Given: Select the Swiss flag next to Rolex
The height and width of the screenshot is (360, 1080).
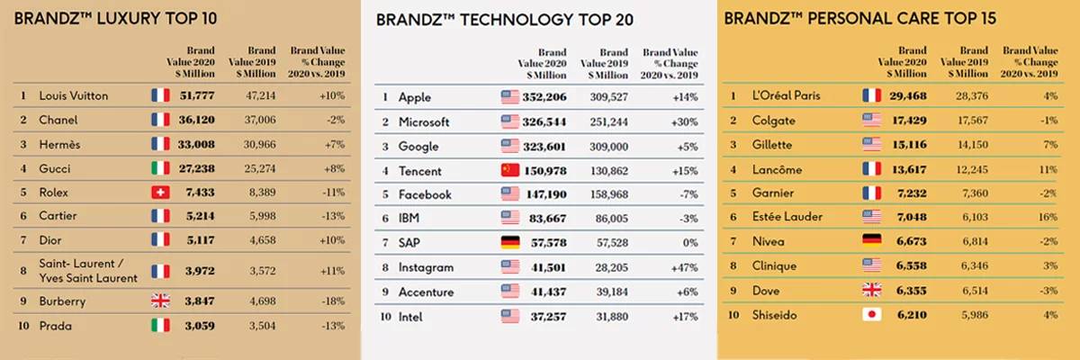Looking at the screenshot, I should pos(160,192).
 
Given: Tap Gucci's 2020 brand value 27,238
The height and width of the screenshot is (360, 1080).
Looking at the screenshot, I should pos(195,167).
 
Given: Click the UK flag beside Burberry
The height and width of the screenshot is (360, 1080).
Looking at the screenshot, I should pos(160,301).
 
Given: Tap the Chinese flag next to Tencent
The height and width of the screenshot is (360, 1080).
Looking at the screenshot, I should pos(510,170).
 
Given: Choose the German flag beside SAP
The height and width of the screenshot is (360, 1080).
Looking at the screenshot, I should pos(510,243).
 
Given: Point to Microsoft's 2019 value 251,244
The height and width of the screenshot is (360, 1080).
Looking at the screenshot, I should pos(607,121).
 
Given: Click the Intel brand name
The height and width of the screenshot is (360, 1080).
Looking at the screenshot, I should pos(412,316).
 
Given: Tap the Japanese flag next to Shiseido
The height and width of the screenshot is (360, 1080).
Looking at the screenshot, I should pos(870,315).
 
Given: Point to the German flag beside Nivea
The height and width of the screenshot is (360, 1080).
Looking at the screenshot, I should pos(870,242).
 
